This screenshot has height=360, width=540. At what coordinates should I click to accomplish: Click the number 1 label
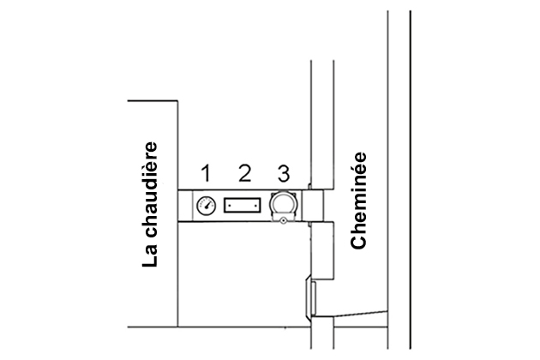206,174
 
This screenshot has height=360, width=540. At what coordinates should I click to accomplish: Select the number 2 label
244,174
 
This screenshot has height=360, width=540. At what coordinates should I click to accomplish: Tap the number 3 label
282,174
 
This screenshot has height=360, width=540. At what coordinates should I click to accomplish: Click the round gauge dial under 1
206,206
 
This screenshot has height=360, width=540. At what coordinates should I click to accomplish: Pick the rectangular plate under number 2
243,206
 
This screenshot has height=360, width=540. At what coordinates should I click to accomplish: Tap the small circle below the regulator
282,220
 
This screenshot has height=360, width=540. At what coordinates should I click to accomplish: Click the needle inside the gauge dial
207,205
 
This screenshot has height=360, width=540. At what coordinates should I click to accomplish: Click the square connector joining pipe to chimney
313,206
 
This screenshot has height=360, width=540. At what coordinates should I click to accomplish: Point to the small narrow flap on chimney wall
312,296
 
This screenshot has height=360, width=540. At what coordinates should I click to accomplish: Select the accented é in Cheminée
360,166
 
